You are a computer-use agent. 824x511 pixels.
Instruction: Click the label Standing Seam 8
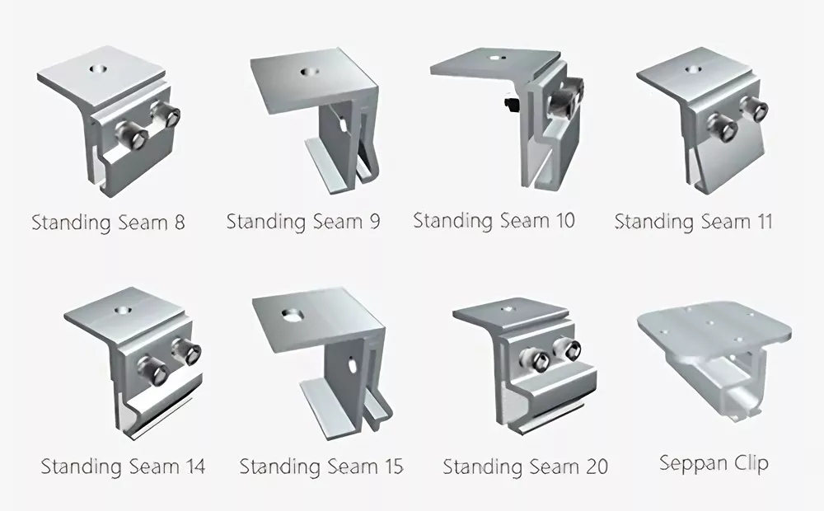(108, 223)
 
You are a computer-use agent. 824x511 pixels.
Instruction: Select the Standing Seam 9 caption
(303, 222)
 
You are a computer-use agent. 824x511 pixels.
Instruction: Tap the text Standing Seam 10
(494, 220)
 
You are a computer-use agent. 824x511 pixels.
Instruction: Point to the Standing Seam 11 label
(694, 222)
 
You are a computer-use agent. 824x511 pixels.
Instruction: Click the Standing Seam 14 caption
(123, 466)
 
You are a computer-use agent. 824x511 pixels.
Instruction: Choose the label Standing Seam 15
(321, 466)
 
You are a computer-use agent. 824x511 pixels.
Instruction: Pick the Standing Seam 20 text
(526, 466)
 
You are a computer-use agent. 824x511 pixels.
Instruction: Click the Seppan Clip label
(714, 463)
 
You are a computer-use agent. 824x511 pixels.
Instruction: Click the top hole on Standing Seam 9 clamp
(308, 72)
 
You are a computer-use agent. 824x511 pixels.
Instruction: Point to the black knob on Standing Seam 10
(511, 102)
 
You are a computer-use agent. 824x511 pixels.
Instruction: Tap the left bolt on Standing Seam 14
(153, 371)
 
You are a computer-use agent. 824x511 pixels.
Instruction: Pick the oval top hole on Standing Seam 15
(291, 314)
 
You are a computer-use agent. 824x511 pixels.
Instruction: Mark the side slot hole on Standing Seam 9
(342, 124)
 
